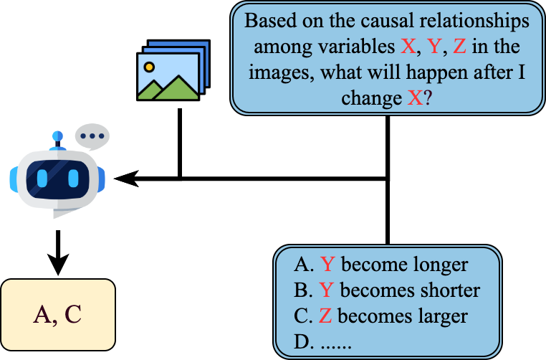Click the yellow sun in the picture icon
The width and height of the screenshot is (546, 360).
[x=149, y=67]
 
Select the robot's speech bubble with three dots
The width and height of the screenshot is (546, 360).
[x=92, y=136]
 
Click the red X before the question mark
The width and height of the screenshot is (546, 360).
[x=414, y=97]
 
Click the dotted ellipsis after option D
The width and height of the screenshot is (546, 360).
[x=335, y=342]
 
